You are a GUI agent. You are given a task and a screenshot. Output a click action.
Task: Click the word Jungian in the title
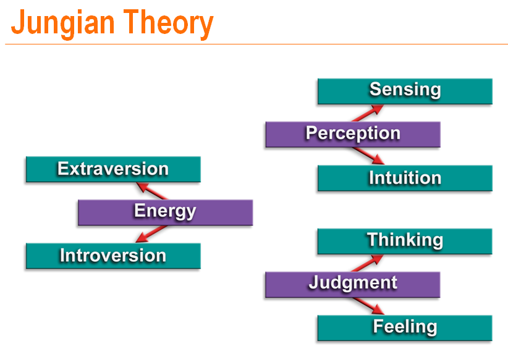coord(62,23)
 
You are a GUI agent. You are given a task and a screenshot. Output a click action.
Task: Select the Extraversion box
coord(113,169)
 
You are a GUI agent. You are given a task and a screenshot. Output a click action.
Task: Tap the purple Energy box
coord(165,212)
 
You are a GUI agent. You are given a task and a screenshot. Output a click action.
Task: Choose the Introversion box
coord(113,256)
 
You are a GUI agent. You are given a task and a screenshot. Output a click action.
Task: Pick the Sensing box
coord(405,91)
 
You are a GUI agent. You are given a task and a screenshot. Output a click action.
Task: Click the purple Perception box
coord(353,135)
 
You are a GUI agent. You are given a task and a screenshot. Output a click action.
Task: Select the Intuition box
coord(405,178)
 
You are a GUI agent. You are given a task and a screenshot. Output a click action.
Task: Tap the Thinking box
coord(405,241)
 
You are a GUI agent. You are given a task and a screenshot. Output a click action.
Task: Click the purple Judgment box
coord(352,285)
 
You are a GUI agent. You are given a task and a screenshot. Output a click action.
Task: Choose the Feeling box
coord(405,329)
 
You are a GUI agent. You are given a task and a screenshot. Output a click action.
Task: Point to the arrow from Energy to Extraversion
coord(151,191)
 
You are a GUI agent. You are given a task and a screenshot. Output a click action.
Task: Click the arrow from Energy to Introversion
coord(151,234)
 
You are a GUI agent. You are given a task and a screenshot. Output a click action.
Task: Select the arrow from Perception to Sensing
coord(368,113)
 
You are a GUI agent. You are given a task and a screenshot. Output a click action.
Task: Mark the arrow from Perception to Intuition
coord(368,156)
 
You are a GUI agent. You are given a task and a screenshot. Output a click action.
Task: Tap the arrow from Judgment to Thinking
coord(367,264)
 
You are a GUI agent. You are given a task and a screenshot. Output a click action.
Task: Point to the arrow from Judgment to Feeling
coord(368,306)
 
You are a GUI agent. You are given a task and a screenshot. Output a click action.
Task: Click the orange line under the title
coord(256,44)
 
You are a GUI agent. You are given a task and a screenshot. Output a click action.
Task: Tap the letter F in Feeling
coord(378,325)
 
